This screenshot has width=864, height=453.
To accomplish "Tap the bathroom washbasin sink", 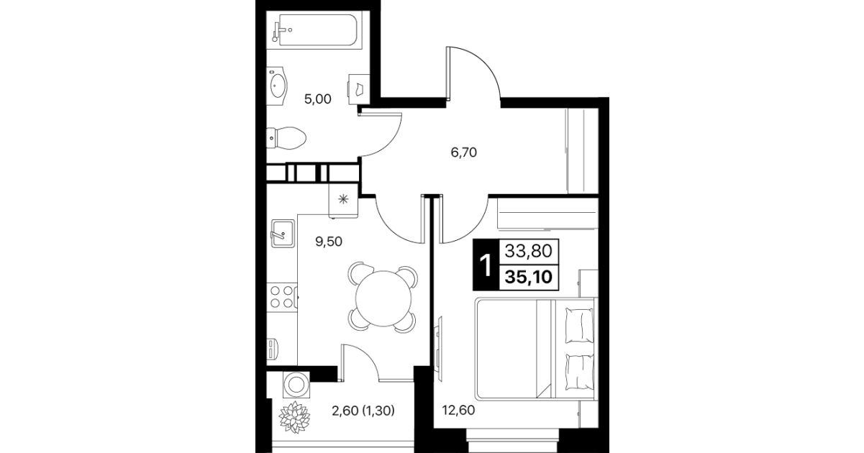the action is point(277,85).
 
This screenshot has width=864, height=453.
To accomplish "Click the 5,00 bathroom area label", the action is point(318,99).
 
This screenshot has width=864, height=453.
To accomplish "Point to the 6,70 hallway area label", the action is point(463,152).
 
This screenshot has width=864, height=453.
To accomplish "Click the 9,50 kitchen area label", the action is point(329,242).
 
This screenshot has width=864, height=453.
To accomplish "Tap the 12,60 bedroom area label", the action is point(458,410).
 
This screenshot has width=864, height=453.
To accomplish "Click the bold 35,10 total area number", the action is point(529,277).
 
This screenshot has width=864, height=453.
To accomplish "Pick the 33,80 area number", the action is point(529,252).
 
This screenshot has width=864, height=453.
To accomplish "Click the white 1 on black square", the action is point(486,265).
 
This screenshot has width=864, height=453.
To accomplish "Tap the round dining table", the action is point(384,298).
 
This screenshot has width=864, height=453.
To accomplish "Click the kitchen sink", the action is point(283,234).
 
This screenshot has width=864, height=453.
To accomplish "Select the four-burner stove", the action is point(282,297).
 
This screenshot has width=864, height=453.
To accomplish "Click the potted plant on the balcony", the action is point(295,417).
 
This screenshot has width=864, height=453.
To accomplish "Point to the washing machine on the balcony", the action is point(296,385).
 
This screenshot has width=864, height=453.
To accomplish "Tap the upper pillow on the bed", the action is point(579,325).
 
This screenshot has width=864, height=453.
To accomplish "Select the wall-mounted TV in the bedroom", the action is point(438,344).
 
